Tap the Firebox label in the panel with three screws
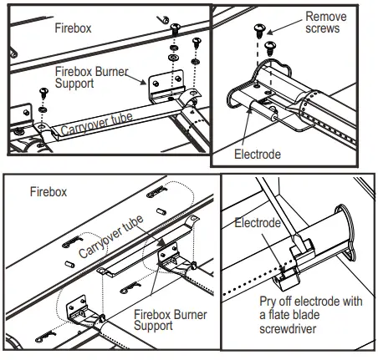73,28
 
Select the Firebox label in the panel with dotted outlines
48,191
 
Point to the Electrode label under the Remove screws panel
258,155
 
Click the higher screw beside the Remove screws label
258,32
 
